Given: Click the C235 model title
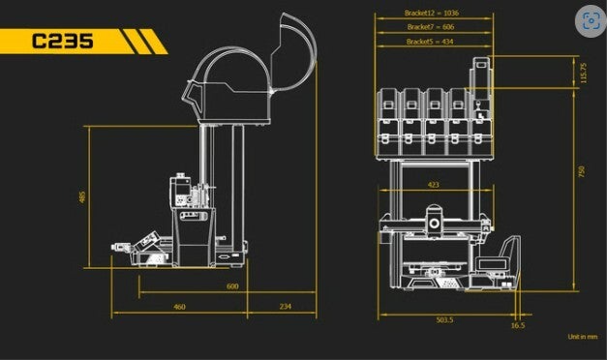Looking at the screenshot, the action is coord(62,41).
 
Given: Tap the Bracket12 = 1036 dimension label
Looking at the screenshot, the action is coord(431,13).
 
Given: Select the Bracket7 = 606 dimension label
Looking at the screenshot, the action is coord(431,27).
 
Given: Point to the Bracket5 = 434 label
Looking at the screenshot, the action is coord(430,42).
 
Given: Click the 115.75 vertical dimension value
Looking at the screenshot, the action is coord(584,73).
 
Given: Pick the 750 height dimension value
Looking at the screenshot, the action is coord(582,171).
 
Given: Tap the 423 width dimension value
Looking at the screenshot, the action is coord(433,185).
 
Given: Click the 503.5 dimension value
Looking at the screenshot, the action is coord(444,320).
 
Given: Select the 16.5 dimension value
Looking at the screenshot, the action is coord(518,325).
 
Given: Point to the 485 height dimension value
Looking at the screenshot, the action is coord(82,197).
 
